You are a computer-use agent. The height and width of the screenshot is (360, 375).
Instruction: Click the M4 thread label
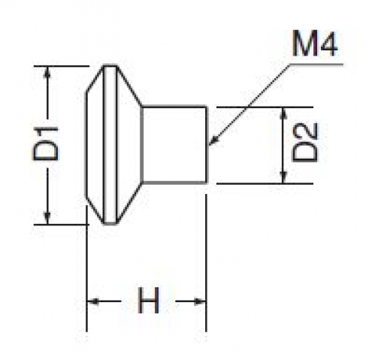click(x=315, y=44)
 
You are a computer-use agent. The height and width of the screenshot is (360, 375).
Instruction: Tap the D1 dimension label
click(x=46, y=144)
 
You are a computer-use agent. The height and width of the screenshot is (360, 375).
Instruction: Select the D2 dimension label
click(x=305, y=142)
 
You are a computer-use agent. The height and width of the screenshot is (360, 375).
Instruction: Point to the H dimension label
click(x=148, y=301)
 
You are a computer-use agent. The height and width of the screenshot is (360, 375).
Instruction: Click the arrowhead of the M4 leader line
click(x=213, y=141)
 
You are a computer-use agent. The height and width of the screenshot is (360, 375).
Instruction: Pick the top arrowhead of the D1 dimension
click(x=47, y=72)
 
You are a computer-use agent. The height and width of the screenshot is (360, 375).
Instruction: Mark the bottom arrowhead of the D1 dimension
click(x=47, y=218)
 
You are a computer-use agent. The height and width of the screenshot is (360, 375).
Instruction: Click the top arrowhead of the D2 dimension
click(x=283, y=113)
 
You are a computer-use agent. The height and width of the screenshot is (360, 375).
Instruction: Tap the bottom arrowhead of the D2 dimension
click(x=283, y=177)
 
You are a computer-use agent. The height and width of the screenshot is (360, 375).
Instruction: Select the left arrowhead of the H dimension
click(x=92, y=301)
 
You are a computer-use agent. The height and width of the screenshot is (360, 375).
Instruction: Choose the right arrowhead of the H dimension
click(x=200, y=301)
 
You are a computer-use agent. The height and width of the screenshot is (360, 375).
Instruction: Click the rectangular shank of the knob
click(x=174, y=145)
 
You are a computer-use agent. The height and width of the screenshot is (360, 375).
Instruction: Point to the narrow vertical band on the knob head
click(x=110, y=145)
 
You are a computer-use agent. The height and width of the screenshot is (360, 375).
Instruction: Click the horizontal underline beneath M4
click(x=316, y=65)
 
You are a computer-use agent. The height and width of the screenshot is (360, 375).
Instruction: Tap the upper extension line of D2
click(x=265, y=107)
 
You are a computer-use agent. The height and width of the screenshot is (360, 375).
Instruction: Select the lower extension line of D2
click(x=265, y=183)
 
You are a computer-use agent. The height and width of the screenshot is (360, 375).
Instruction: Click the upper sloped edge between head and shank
click(x=129, y=86)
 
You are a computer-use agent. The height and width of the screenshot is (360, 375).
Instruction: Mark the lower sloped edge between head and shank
click(x=129, y=203)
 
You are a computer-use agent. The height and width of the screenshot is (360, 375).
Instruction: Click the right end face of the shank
click(x=207, y=145)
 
